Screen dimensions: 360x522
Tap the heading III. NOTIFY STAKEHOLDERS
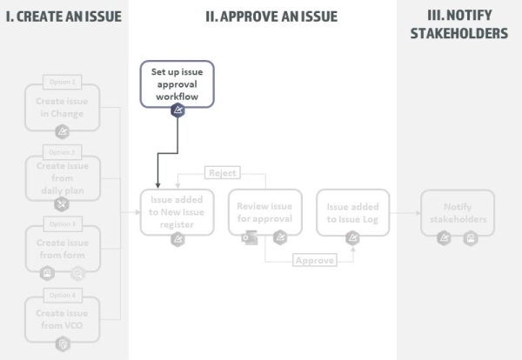tap(458, 24)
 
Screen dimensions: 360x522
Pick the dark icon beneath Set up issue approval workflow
tap(177, 110)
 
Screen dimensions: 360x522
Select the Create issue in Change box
tap(62, 108)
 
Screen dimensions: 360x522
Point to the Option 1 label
tap(62, 82)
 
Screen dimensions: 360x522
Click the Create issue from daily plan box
tap(62, 177)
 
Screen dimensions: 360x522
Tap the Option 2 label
tap(62, 152)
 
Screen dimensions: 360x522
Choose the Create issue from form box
tap(62, 248)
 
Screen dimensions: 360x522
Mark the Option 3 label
tap(62, 223)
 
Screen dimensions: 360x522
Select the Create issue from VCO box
tap(62, 318)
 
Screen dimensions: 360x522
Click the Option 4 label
tap(62, 295)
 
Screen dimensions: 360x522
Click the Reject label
tap(221, 173)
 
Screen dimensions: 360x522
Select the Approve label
tap(314, 260)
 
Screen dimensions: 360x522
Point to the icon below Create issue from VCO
tap(62, 345)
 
